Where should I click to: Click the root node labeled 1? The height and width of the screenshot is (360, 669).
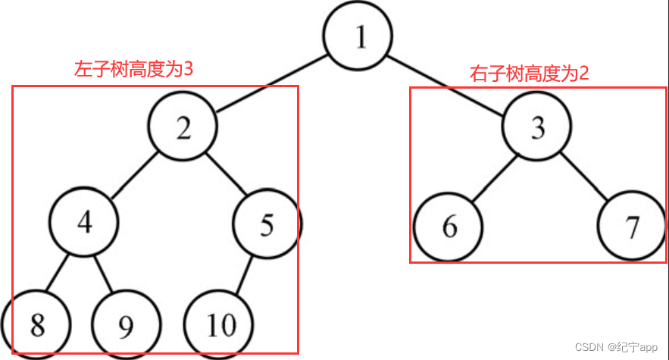click(x=358, y=37)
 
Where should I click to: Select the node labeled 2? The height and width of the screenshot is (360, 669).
click(x=183, y=129)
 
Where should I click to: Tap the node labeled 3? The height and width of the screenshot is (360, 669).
click(x=537, y=129)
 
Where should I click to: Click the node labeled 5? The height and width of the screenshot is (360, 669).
click(x=267, y=224)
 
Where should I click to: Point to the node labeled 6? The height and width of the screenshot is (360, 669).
click(x=449, y=227)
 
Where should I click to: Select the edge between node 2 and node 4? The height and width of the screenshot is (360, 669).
click(x=134, y=176)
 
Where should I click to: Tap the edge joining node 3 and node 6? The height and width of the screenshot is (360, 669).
click(x=493, y=178)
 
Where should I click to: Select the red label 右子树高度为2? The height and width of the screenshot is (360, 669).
click(x=530, y=74)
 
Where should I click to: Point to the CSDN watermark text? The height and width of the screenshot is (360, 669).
click(x=617, y=346)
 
